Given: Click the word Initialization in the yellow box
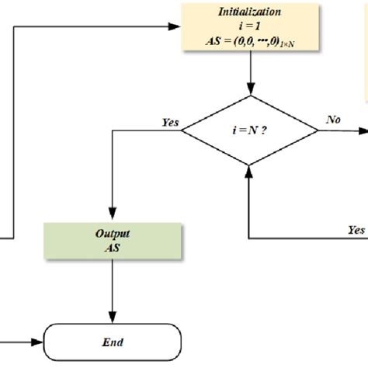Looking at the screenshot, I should (249, 11).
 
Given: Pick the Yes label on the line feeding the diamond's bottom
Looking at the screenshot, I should (356, 229).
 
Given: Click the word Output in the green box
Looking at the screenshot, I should (113, 231).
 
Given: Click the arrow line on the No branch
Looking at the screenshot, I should (342, 130).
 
